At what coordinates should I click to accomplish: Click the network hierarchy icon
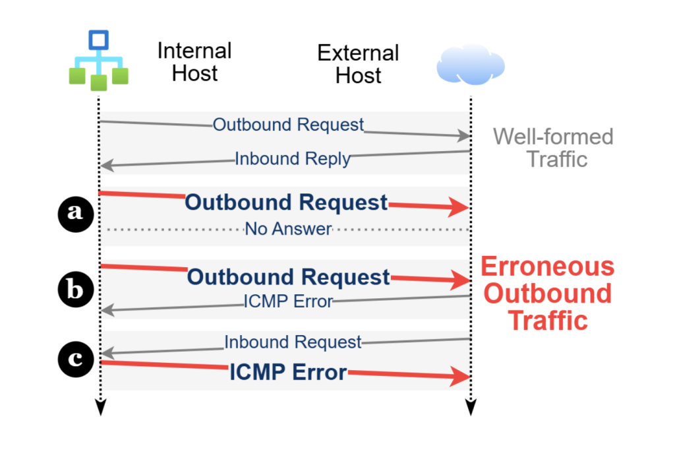point(99,60)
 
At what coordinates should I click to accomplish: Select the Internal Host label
point(194,61)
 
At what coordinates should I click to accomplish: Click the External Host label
point(358,63)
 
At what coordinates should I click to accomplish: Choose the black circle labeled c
point(76,359)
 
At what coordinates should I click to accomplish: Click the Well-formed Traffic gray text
point(553,148)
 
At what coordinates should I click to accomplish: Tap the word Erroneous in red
point(547,267)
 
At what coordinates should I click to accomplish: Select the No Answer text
point(288,229)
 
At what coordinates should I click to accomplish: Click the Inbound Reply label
point(292,159)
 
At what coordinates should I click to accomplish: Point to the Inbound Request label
point(293,342)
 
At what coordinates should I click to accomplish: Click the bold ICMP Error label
point(288,373)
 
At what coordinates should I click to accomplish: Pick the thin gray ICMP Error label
point(288,301)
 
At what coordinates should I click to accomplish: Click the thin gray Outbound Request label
point(288,125)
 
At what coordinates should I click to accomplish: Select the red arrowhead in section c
point(459,378)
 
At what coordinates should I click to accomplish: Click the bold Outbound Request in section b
point(288,276)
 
